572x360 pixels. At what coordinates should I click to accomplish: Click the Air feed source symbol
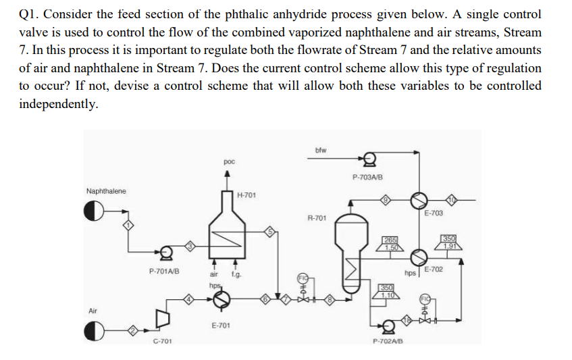click(95, 332)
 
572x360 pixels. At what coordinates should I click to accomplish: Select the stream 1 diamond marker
click(126, 225)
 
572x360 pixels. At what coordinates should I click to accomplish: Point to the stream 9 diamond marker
click(386, 200)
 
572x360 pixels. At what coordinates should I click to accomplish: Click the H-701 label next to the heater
click(246, 195)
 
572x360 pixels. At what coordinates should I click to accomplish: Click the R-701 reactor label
click(317, 218)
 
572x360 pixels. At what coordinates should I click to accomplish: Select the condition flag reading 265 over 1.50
click(390, 243)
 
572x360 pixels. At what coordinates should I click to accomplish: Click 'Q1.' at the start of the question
click(28, 14)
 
